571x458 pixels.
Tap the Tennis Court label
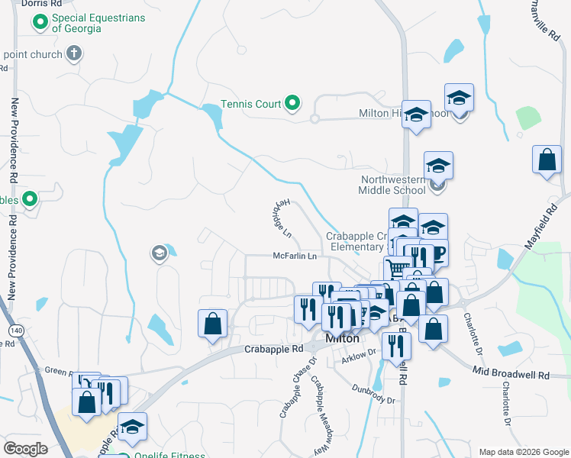click(251, 104)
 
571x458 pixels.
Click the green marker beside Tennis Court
click(292, 102)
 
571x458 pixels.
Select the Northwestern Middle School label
click(392, 185)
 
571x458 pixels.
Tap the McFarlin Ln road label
click(295, 256)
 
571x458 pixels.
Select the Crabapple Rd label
click(274, 349)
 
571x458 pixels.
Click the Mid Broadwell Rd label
click(511, 376)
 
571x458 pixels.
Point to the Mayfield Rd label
click(541, 224)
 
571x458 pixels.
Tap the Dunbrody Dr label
click(373, 399)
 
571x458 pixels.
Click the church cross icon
click(73, 53)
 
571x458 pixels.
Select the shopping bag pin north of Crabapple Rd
click(212, 323)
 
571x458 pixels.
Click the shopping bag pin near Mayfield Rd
click(547, 161)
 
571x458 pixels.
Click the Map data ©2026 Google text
click(523, 451)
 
